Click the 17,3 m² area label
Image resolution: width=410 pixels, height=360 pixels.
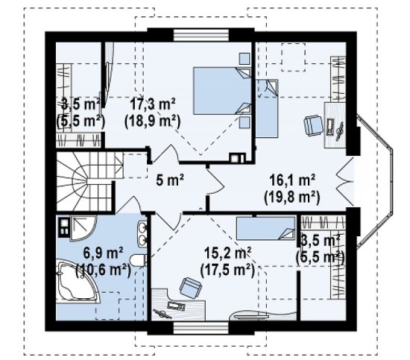[153, 104]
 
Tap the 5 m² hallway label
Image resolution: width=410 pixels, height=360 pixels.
[170, 180]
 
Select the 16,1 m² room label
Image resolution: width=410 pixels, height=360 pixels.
[292, 180]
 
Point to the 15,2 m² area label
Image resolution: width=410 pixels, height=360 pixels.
[227, 253]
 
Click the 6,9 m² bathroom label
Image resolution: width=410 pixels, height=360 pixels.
[103, 253]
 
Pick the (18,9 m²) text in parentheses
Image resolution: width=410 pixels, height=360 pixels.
[153, 121]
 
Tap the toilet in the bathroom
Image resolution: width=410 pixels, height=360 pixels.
[139, 260]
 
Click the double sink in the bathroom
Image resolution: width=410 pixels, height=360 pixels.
[142, 234]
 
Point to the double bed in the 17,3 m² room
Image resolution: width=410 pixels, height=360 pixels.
[222, 91]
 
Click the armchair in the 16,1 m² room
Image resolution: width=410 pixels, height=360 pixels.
[313, 125]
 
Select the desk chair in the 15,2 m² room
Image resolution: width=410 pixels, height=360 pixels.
[191, 288]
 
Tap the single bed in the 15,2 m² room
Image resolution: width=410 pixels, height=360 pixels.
[265, 228]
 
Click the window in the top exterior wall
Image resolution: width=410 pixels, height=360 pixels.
[201, 35]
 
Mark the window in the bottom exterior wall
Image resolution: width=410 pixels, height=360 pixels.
[201, 328]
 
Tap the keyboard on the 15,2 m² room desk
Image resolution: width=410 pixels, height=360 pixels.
[176, 306]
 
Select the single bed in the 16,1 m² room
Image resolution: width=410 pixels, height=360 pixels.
[267, 108]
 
